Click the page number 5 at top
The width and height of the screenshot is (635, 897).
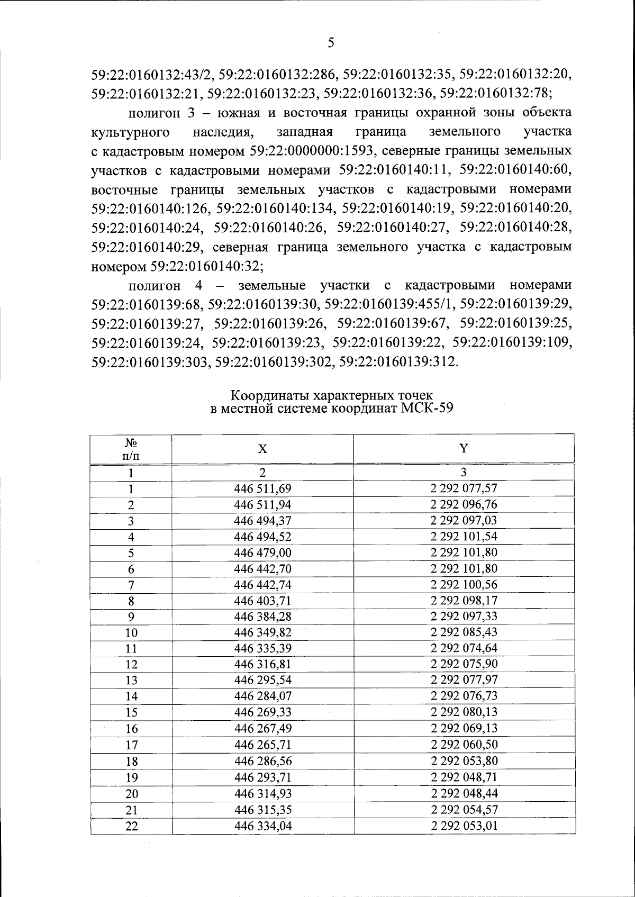(331, 43)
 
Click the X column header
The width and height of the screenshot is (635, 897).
(262, 449)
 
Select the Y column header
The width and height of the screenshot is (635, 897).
(464, 449)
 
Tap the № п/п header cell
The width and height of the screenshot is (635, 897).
(131, 449)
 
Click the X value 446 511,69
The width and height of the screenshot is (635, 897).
(262, 488)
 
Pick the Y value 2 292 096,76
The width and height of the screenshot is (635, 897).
(464, 504)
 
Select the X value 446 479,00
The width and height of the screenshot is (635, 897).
(262, 553)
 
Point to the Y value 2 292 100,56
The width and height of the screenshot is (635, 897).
(464, 585)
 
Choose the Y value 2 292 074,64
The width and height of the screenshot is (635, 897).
(464, 648)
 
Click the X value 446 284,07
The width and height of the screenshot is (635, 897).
(262, 696)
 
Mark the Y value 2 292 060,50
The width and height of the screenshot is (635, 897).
(464, 745)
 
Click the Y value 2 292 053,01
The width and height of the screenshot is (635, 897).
(464, 826)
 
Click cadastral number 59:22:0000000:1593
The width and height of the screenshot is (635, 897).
(311, 151)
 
